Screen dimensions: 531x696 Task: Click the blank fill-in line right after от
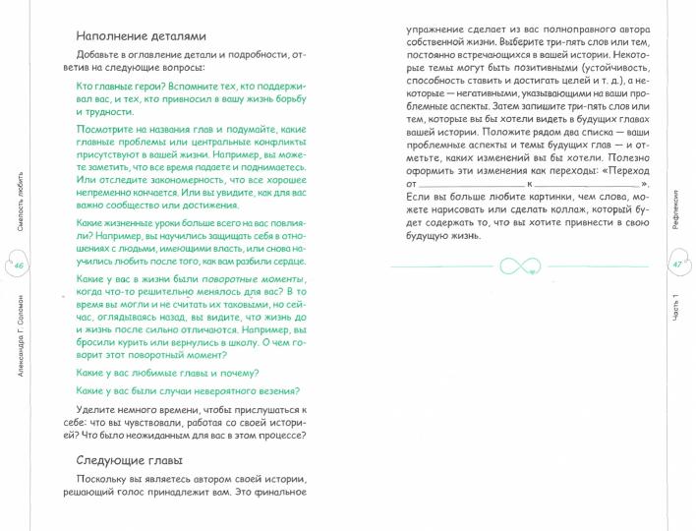471,183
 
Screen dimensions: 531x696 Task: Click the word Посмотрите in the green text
110,128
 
